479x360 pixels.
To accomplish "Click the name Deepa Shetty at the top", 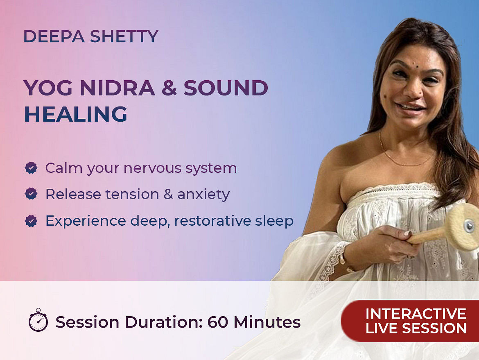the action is [x=91, y=36].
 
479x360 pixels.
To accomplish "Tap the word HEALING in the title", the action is [x=75, y=114].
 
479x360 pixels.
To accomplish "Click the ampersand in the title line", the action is [x=169, y=88].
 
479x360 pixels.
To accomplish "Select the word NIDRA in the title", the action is [x=117, y=88].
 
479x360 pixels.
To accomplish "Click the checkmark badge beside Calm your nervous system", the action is [x=31, y=168].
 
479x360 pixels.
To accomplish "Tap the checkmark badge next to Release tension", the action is [x=31, y=194].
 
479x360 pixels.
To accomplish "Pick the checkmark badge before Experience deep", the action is [x=31, y=221].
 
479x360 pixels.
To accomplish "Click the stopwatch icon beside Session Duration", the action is [x=38, y=320].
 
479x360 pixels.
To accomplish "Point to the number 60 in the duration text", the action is [x=217, y=322].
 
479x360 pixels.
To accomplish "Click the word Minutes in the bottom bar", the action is [x=267, y=322].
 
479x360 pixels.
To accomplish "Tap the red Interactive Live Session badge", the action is [x=410, y=321].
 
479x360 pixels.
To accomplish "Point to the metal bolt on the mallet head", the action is [x=469, y=226].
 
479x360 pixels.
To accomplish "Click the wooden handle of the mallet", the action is [x=426, y=236].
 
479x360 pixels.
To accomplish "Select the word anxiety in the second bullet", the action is [x=203, y=195].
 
